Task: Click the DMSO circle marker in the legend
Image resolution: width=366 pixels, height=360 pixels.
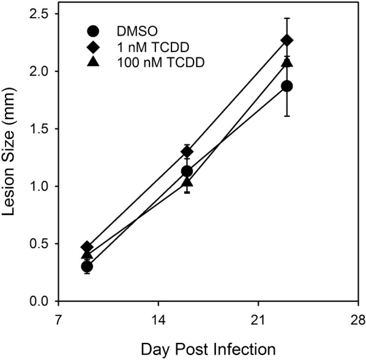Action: pyautogui.click(x=92, y=31)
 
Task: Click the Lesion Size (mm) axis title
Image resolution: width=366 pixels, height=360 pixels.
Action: pyautogui.click(x=13, y=158)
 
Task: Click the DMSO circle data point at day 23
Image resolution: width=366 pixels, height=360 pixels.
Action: pyautogui.click(x=286, y=86)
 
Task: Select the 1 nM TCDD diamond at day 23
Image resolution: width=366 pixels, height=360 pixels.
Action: pyautogui.click(x=286, y=40)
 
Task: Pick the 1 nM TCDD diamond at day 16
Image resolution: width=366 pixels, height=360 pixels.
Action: pyautogui.click(x=187, y=152)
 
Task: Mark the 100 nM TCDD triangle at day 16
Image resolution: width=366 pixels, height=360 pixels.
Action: pyautogui.click(x=187, y=182)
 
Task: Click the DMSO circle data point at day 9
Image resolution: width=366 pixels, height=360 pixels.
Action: pyautogui.click(x=87, y=266)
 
